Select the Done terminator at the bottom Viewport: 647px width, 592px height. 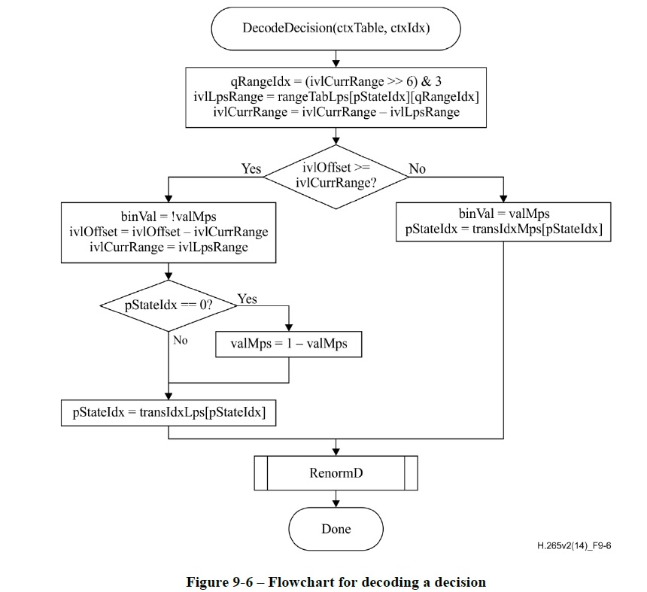tap(336, 529)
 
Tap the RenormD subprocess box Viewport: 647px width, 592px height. tap(336, 474)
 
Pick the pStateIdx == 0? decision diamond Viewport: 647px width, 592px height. tap(168, 306)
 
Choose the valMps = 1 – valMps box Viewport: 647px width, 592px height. tap(290, 344)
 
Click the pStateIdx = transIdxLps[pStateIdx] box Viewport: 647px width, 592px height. tap(169, 411)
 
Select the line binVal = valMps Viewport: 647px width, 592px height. tap(504, 214)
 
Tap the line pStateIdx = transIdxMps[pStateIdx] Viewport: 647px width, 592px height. tap(504, 229)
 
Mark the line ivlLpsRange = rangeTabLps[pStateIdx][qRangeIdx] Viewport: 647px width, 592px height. tap(336, 96)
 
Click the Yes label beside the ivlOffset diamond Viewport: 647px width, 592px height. tap(251, 169)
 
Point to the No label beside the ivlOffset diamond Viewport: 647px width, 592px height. tap(417, 169)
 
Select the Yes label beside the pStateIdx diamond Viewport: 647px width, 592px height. tap(247, 299)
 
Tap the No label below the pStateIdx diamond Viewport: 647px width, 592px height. tap(180, 340)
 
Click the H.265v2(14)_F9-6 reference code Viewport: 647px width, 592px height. tap(574, 546)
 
